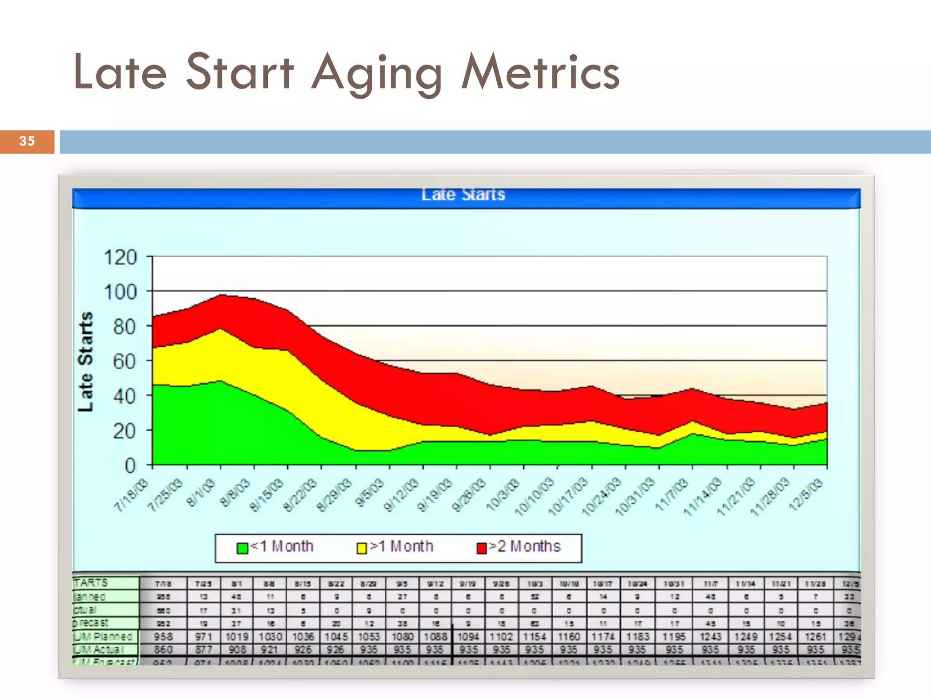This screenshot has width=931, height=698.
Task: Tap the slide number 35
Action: coord(27,141)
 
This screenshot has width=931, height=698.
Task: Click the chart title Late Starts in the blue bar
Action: coord(463,194)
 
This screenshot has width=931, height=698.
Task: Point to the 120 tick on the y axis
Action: coord(120,257)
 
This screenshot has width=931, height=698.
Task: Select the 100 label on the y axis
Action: coord(120,292)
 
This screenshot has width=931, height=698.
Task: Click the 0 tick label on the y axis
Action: coord(130,465)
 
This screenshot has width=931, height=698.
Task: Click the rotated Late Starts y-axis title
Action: coord(85,362)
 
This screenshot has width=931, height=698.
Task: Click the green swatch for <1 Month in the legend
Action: coord(242,548)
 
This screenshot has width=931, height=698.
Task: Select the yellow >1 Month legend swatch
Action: coord(362,548)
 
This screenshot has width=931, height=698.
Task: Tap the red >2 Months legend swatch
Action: coord(481,548)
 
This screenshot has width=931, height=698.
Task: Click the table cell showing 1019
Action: coord(237,637)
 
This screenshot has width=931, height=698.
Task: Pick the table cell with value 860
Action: coord(163,649)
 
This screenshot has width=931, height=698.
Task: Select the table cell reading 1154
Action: coord(534,637)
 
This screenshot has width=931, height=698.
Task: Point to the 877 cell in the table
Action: coord(203,649)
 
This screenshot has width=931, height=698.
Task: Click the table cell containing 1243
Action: coord(710,637)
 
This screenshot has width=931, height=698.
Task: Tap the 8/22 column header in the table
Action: coord(336,583)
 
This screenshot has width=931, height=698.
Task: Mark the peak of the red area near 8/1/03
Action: coord(221,294)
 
